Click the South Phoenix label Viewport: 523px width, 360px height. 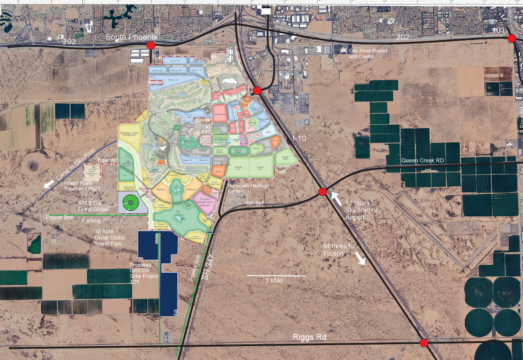point(132,37)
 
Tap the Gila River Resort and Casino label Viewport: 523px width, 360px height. point(368,53)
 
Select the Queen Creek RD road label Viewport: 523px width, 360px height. point(422,160)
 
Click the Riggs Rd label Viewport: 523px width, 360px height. point(310,337)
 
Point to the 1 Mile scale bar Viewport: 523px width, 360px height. point(276,276)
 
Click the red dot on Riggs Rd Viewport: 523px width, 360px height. point(424,343)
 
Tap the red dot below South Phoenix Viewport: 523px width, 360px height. point(151,45)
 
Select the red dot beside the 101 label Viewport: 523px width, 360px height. point(511,38)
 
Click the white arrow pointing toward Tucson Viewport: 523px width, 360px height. point(359,259)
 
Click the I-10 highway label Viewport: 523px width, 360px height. point(300,138)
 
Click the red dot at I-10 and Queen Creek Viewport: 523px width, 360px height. point(322,192)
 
